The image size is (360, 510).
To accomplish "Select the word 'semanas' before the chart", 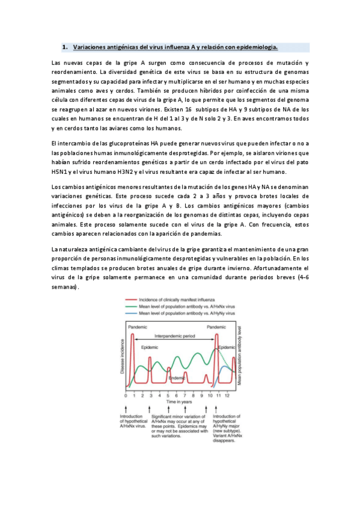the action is (x=64, y=287).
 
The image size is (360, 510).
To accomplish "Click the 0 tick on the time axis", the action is (x=126, y=395).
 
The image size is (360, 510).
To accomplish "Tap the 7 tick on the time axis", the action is (x=185, y=395).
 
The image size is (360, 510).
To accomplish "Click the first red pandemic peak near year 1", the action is (x=133, y=337).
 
